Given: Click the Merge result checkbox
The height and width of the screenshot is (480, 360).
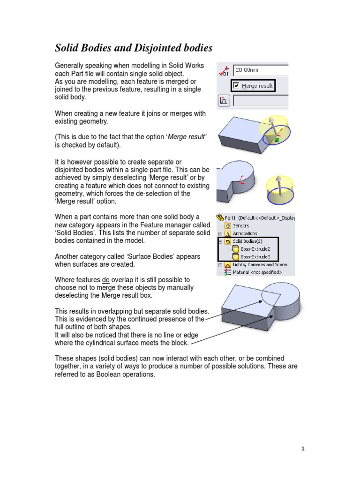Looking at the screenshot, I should pos(236,86).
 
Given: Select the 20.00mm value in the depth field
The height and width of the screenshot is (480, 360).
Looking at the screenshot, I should pos(247,70).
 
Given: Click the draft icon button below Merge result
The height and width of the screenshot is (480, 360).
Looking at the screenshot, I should pos(224,100).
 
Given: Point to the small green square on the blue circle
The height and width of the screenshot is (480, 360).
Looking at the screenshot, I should pos(277,140).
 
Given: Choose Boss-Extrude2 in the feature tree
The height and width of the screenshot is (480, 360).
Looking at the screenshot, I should pos(255,249).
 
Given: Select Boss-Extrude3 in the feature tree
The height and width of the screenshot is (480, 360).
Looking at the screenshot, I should pos(255,257).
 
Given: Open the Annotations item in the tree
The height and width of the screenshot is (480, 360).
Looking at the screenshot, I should pos(245,233).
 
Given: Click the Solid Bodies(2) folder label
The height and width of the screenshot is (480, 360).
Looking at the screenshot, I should pos(249,241).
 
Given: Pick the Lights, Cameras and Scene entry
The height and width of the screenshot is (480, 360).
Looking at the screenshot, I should pos(260,264).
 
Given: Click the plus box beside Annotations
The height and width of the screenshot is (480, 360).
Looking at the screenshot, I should pos(220,233).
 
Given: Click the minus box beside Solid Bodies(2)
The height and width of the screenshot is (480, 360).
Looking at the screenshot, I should pos(220,241).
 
